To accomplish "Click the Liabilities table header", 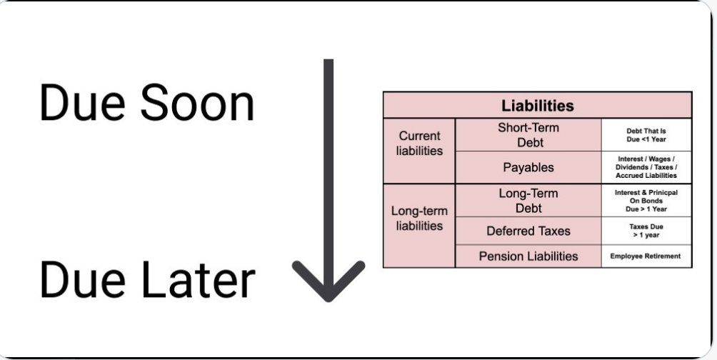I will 537,106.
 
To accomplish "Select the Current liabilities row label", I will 419,143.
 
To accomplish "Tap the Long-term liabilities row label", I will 419,219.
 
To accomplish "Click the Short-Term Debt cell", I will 528,135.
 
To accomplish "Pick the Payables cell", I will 528,167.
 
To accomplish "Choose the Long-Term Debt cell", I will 528,201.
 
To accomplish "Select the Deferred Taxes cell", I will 528,231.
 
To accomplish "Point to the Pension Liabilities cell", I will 528,256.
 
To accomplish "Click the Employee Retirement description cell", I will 646,256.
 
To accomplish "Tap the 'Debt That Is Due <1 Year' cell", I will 646,135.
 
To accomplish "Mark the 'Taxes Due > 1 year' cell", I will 646,231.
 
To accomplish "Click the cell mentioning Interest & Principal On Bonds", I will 646,201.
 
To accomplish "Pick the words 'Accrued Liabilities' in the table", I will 646,175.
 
